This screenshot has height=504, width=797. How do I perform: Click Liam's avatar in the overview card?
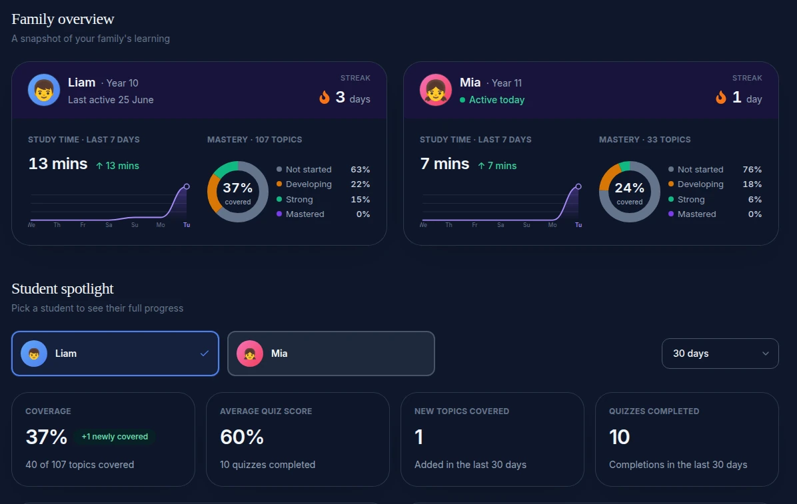pyautogui.click(x=44, y=90)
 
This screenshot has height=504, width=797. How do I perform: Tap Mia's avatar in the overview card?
pyautogui.click(x=436, y=90)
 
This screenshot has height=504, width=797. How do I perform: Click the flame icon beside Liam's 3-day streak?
pyautogui.click(x=325, y=97)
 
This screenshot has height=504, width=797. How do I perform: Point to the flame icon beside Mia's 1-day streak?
pyautogui.click(x=721, y=97)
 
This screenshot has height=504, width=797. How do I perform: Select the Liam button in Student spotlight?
pyautogui.click(x=115, y=354)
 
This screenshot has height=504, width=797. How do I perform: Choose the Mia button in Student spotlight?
pyautogui.click(x=331, y=354)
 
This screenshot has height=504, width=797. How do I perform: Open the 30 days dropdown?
pyautogui.click(x=720, y=354)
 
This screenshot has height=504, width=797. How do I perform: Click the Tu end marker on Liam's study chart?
pyautogui.click(x=187, y=186)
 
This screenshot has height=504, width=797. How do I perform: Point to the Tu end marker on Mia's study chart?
pyautogui.click(x=578, y=186)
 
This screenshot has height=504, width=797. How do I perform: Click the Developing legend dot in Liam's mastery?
pyautogui.click(x=279, y=184)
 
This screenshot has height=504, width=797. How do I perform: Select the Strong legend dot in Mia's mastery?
pyautogui.click(x=671, y=199)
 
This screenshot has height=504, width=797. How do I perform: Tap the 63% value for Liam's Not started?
pyautogui.click(x=361, y=169)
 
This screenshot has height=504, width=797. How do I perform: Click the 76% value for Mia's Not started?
pyautogui.click(x=752, y=169)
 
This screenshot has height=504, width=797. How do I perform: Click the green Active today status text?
pyautogui.click(x=496, y=100)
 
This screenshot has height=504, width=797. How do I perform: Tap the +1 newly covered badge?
pyautogui.click(x=115, y=437)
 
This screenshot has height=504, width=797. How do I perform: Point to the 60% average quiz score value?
pyautogui.click(x=242, y=437)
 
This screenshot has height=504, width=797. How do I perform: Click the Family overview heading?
pyautogui.click(x=63, y=19)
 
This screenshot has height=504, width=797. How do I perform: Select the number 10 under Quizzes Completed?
pyautogui.click(x=619, y=437)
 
